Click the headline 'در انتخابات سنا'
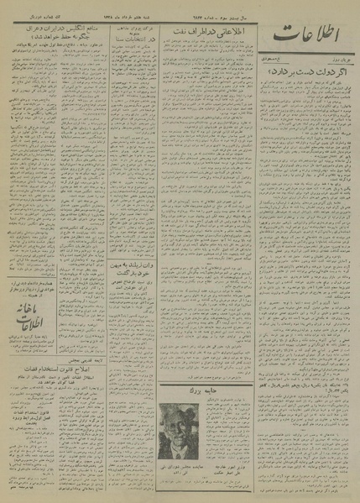tap(123, 38)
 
